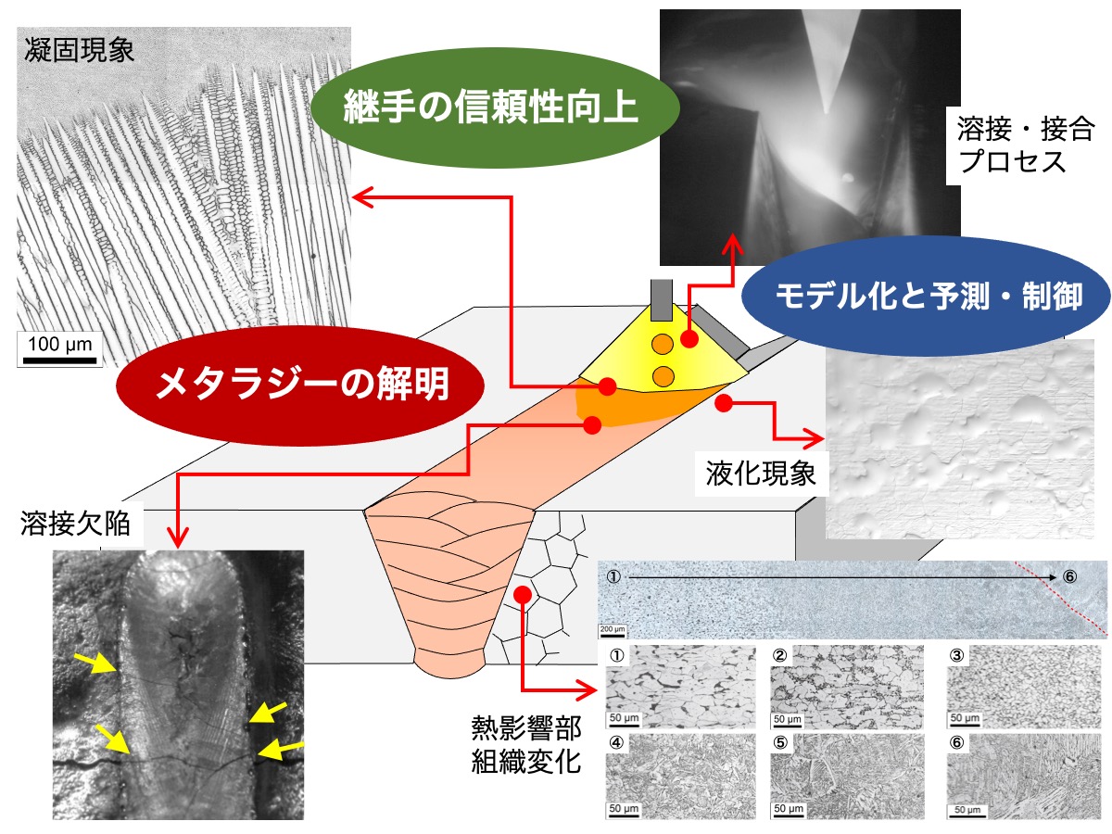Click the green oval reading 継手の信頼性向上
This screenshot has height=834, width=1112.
(494, 107)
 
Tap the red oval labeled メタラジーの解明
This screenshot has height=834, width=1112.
(300, 385)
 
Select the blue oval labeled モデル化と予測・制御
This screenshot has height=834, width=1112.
(926, 297)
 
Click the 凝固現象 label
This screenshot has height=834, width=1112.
(79, 51)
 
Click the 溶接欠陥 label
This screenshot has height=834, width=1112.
(75, 524)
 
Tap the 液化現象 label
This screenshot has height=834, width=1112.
(761, 474)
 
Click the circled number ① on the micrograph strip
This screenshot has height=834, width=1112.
(613, 576)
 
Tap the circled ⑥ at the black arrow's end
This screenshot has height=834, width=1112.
(1069, 576)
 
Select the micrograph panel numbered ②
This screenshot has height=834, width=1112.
(847, 687)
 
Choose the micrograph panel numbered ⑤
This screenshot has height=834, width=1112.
(847, 777)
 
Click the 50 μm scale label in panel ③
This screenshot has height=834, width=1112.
(964, 718)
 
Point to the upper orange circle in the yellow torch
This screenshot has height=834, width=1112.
(663, 345)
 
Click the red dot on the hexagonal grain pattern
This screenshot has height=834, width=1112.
(524, 595)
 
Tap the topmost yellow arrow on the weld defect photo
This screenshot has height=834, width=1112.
(95, 663)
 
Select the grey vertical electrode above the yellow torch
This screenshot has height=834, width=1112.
(662, 299)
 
